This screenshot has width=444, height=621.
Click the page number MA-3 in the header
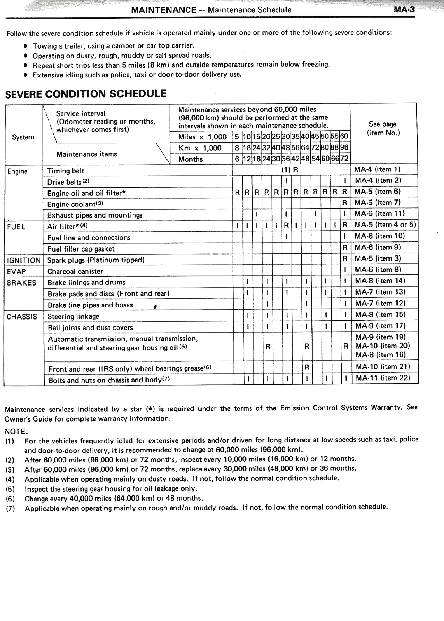click(x=404, y=10)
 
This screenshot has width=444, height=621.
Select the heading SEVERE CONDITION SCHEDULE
click(x=86, y=94)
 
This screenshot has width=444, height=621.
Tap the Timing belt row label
click(x=66, y=171)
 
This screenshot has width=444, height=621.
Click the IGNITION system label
click(x=24, y=260)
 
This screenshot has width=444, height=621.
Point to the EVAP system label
click(x=16, y=271)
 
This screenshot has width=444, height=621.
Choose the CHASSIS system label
click(x=22, y=316)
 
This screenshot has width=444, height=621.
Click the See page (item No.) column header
click(x=383, y=128)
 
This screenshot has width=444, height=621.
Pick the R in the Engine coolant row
click(x=344, y=203)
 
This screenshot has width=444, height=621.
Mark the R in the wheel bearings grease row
click(x=307, y=367)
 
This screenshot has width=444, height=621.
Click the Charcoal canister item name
click(x=75, y=271)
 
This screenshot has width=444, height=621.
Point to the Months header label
click(x=190, y=159)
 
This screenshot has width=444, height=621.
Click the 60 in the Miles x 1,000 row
click(x=344, y=137)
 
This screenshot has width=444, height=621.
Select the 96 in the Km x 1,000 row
click(x=344, y=148)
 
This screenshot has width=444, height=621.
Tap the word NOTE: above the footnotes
click(x=16, y=432)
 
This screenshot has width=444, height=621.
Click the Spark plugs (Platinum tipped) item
click(x=96, y=260)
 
